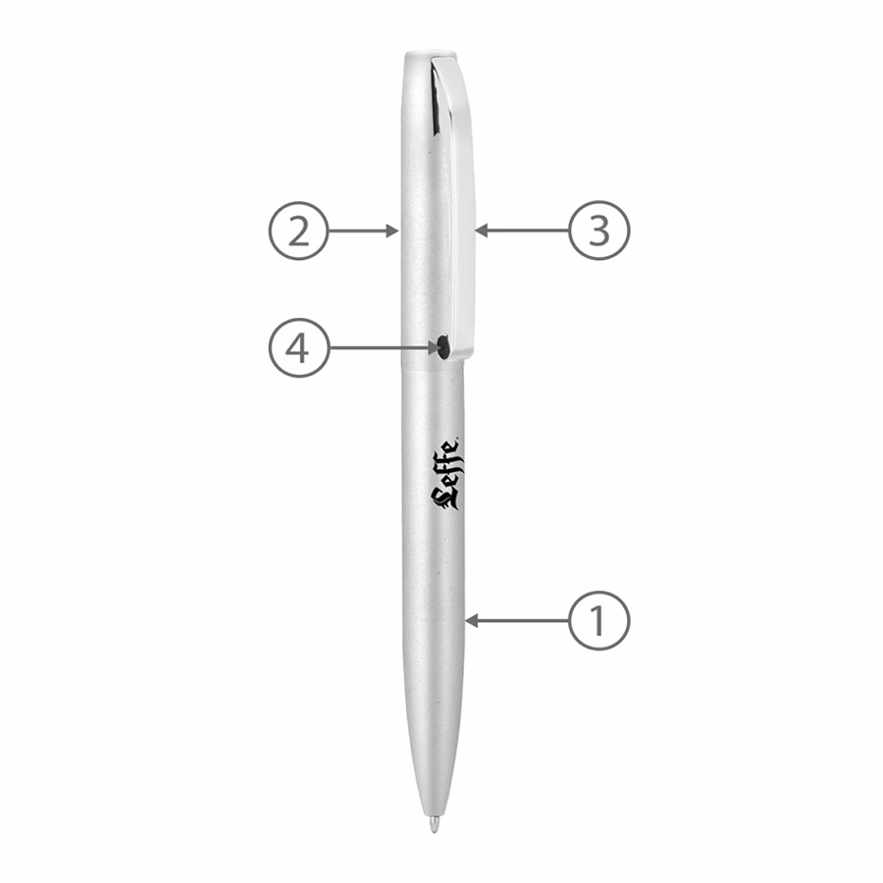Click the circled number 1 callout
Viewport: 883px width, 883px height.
(x=598, y=621)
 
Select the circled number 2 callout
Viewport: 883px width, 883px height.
(x=298, y=231)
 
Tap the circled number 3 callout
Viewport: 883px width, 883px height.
(x=598, y=231)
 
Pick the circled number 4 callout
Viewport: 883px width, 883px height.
(x=298, y=348)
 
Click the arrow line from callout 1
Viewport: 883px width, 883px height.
(x=517, y=621)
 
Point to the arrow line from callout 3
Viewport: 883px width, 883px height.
(x=522, y=231)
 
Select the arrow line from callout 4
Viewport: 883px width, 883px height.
(x=385, y=348)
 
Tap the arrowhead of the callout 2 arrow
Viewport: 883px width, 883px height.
(x=392, y=231)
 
